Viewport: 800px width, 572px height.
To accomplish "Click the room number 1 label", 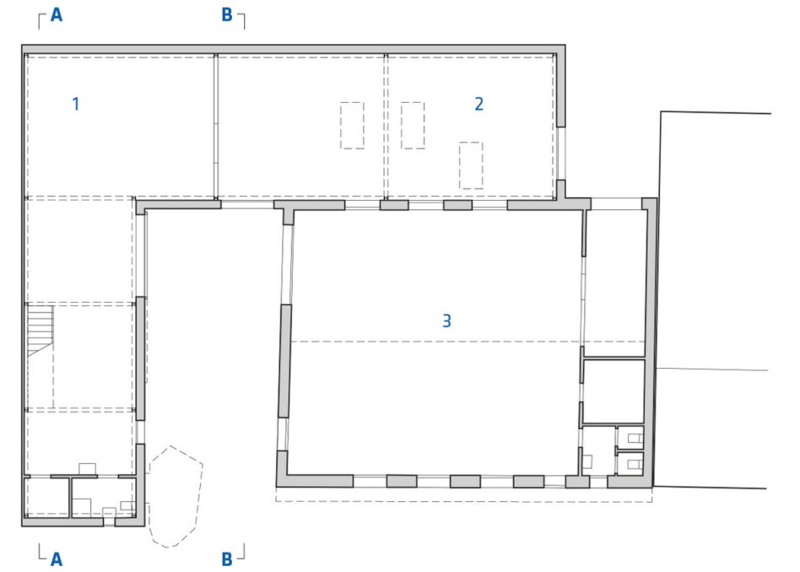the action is pyautogui.click(x=76, y=104).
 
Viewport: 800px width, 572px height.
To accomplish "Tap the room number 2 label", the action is pyautogui.click(x=478, y=104).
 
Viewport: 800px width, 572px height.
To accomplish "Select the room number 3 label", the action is pyautogui.click(x=446, y=321).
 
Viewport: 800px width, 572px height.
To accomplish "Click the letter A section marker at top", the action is pyautogui.click(x=57, y=15).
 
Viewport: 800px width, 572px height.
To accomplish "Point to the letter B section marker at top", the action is pyautogui.click(x=227, y=15).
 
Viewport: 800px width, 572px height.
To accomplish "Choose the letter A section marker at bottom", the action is pyautogui.click(x=57, y=559).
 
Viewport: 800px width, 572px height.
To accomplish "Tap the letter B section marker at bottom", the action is pyautogui.click(x=227, y=559).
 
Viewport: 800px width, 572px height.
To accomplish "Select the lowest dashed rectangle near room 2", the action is pyautogui.click(x=470, y=165).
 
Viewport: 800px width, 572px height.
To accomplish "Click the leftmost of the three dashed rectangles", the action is pyautogui.click(x=352, y=126).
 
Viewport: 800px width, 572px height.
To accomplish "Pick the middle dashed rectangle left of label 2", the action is pyautogui.click(x=413, y=126).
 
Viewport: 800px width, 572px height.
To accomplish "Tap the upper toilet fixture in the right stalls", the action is pyautogui.click(x=635, y=438).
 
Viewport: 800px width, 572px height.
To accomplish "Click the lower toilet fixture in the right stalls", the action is pyautogui.click(x=635, y=464).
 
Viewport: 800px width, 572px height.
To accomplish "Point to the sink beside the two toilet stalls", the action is pyautogui.click(x=587, y=461).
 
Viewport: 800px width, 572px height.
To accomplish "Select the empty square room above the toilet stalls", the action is pyautogui.click(x=614, y=391).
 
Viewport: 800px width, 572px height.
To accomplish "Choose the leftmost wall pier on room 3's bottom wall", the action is pyautogui.click(x=402, y=481).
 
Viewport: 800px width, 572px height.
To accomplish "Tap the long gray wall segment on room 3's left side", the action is pyautogui.click(x=284, y=361).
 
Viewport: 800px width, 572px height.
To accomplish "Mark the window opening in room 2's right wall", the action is pyautogui.click(x=560, y=153).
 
